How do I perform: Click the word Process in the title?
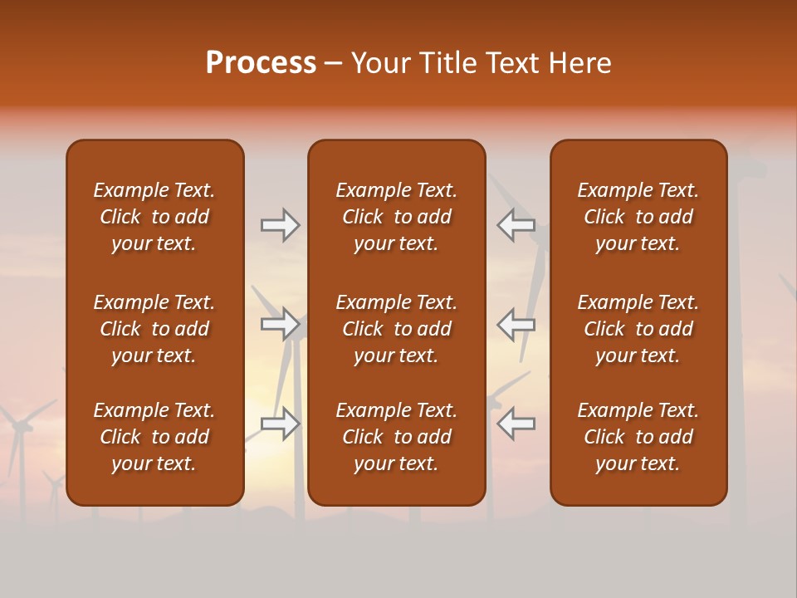[x=261, y=63]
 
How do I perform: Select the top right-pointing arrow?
[x=281, y=225]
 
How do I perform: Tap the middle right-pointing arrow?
[x=281, y=325]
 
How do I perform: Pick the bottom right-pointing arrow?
[x=281, y=424]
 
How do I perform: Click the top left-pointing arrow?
[x=516, y=225]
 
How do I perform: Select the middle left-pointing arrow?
[x=516, y=325]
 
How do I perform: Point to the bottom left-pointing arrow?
[x=516, y=424]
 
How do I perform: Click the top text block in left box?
[x=154, y=217]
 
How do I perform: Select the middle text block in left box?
[x=154, y=329]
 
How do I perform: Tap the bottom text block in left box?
[x=154, y=437]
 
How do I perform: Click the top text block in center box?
[x=396, y=217]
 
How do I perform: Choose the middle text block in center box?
[x=396, y=329]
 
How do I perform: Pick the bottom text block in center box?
[x=396, y=437]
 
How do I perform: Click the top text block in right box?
[x=638, y=217]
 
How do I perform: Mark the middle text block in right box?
[x=638, y=329]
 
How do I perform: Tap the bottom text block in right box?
[x=638, y=437]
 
